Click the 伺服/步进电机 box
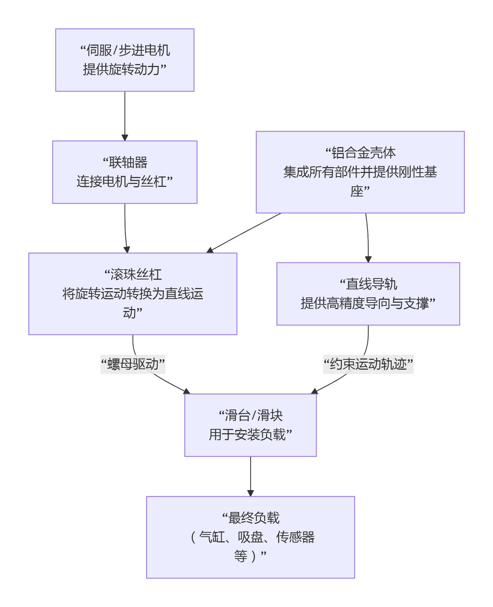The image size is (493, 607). tap(125, 60)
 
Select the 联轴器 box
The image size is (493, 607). tap(125, 172)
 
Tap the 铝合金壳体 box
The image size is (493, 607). tap(360, 172)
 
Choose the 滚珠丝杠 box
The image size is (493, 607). tap(133, 294)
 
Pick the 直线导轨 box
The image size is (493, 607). tap(368, 294)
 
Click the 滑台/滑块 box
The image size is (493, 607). tap(251, 425)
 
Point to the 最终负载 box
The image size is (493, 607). tap(251, 537)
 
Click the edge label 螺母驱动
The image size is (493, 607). tap(133, 364)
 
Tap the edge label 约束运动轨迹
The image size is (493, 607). tap(368, 364)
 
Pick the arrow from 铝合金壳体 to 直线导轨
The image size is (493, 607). tap(368, 238)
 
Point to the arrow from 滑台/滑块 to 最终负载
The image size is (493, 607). tap(251, 476)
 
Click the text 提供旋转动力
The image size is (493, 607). tap(121, 69)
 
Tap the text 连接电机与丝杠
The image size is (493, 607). tap(122, 182)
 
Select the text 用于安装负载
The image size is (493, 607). tap(247, 435)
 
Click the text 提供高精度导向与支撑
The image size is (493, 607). tap(365, 303)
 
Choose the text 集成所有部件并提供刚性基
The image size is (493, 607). tap(360, 172)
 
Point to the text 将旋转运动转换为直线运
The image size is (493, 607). tap(133, 294)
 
